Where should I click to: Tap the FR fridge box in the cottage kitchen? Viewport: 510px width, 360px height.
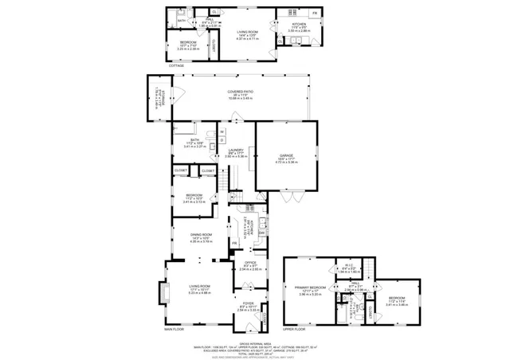[x=314, y=14]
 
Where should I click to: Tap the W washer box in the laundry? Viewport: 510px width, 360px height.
[x=222, y=131]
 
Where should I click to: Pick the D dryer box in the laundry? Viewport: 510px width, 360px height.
[x=222, y=142]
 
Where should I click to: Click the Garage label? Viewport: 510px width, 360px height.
[x=286, y=157]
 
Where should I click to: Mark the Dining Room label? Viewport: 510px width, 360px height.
[x=200, y=236]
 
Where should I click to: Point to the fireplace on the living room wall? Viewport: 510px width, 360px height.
[x=164, y=293]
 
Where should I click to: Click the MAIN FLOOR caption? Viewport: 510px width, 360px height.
[x=175, y=328]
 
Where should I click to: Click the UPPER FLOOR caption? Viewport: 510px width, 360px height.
[x=294, y=328]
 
